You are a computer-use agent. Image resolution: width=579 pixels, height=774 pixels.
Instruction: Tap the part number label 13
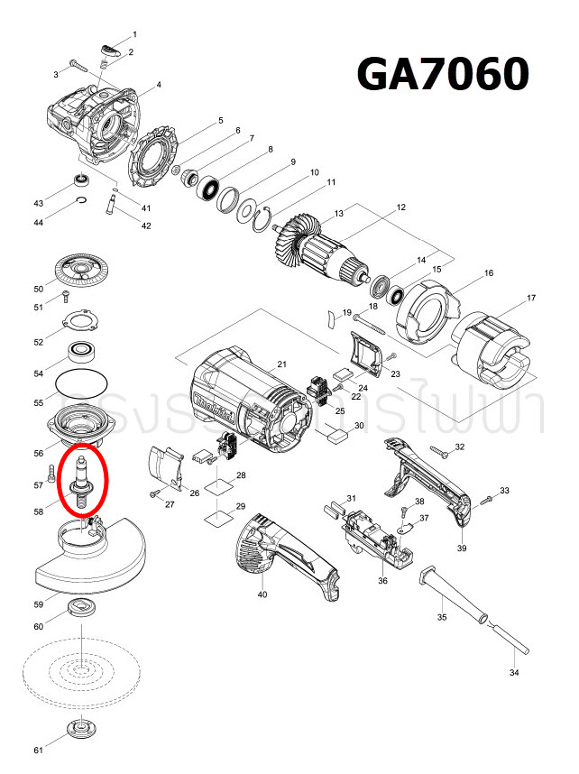[339, 214]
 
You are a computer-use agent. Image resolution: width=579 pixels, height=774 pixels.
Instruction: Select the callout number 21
[281, 364]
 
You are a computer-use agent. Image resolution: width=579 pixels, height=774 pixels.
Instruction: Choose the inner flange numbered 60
[82, 611]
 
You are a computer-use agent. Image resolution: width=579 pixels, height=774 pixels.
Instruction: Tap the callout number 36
[382, 582]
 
